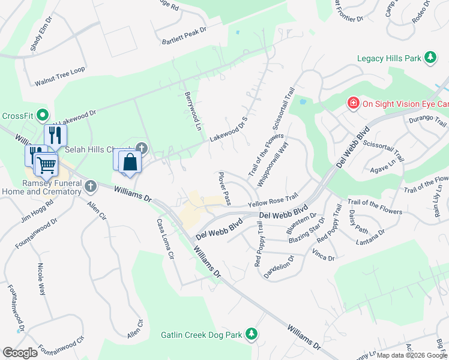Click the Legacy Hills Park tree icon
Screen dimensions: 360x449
coord(430,58)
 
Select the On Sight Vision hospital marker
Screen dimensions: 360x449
coord(354,103)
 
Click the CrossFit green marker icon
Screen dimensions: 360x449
coord(42,114)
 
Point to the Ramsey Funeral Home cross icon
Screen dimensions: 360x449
coord(90,186)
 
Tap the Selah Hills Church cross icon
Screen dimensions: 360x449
coord(142,148)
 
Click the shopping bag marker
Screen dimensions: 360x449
coord(130,162)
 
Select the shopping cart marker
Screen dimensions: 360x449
coord(46,164)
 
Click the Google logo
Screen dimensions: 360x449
coord(20,352)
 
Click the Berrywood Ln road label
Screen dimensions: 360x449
coord(191,112)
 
